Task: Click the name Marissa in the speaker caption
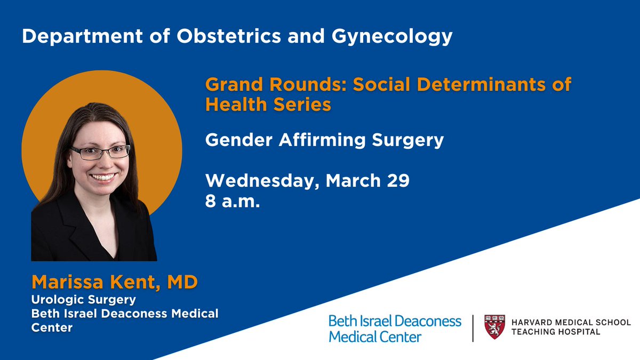(65, 282)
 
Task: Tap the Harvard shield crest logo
(494, 326)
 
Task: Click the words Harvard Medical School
(571, 322)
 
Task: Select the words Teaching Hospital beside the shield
(555, 332)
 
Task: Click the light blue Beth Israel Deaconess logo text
(395, 329)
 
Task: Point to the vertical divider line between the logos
(473, 328)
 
